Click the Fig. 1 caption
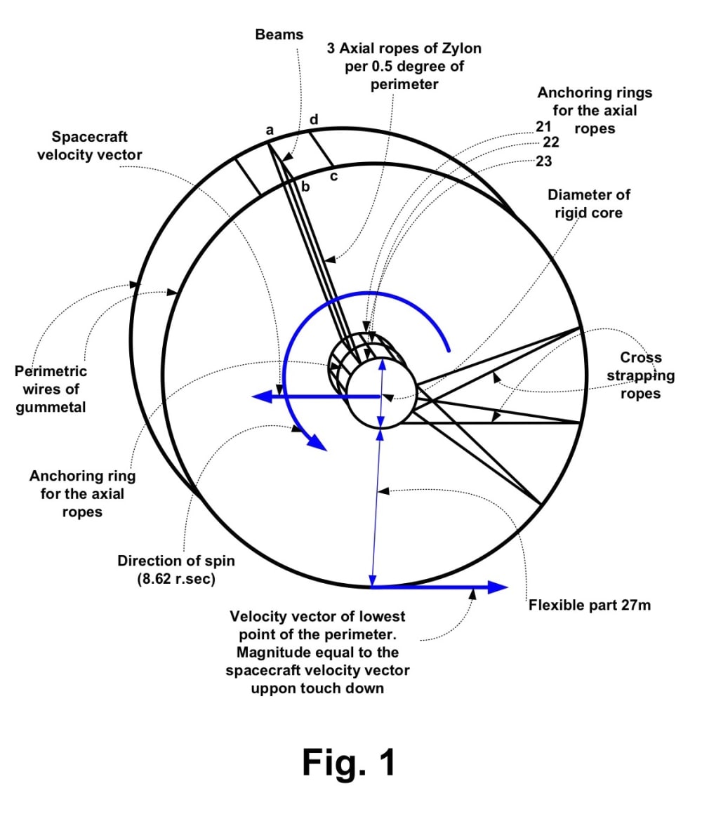pos(349,762)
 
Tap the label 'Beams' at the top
pos(279,34)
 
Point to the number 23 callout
pos(543,161)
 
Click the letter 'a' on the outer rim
pos(269,130)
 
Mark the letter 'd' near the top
pos(314,119)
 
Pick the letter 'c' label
pos(333,176)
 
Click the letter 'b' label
pos(305,186)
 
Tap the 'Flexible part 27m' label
pos(589,604)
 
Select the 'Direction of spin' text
pos(176,561)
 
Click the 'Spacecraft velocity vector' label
pos(89,145)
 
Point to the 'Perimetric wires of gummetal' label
pos(51,389)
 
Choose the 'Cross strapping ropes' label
pos(640,375)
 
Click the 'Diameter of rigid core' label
pos(584,203)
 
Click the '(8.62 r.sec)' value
pos(176,580)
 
